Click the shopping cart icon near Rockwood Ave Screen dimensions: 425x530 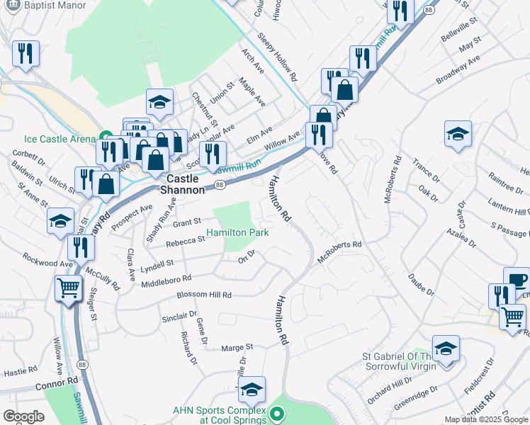tap(68, 288)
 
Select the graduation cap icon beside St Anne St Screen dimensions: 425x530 tap(61, 220)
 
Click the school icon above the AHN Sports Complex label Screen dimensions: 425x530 tap(252, 389)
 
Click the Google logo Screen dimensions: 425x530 tap(23, 417)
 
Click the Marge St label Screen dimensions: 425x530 tap(237, 347)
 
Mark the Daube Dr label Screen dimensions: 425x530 tap(421, 282)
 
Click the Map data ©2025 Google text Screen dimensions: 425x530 tap(486, 419)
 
